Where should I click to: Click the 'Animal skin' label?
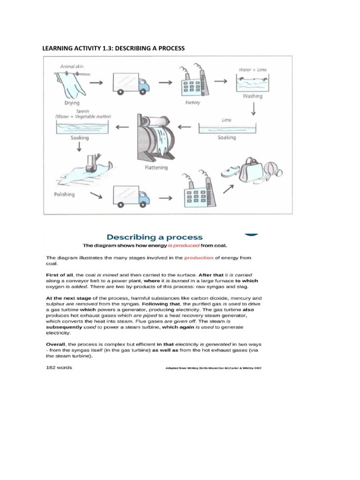(72, 67)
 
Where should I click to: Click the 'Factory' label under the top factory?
(192, 102)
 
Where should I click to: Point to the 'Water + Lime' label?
(252, 70)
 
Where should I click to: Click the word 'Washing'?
(252, 96)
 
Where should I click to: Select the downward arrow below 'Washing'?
(253, 109)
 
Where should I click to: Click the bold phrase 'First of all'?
(59, 274)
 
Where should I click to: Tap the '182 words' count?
(59, 367)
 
